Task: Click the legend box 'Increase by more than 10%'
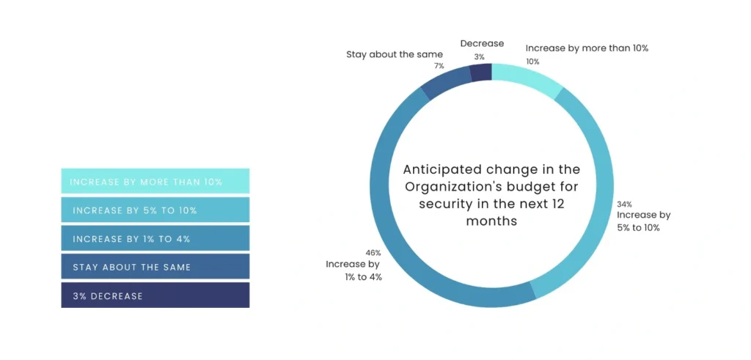(x=155, y=181)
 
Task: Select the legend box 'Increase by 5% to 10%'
(x=155, y=210)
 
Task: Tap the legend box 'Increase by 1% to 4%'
(x=155, y=238)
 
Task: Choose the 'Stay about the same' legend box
(x=155, y=267)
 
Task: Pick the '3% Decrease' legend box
(x=155, y=295)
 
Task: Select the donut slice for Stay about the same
(x=447, y=82)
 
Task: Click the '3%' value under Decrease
(x=480, y=56)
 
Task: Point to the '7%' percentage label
(x=439, y=66)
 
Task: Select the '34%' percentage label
(x=624, y=204)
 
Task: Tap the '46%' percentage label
(x=373, y=252)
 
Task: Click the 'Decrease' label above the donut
(x=482, y=44)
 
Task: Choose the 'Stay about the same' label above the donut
(x=395, y=54)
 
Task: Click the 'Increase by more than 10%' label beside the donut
(x=587, y=48)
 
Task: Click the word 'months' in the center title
(x=491, y=220)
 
